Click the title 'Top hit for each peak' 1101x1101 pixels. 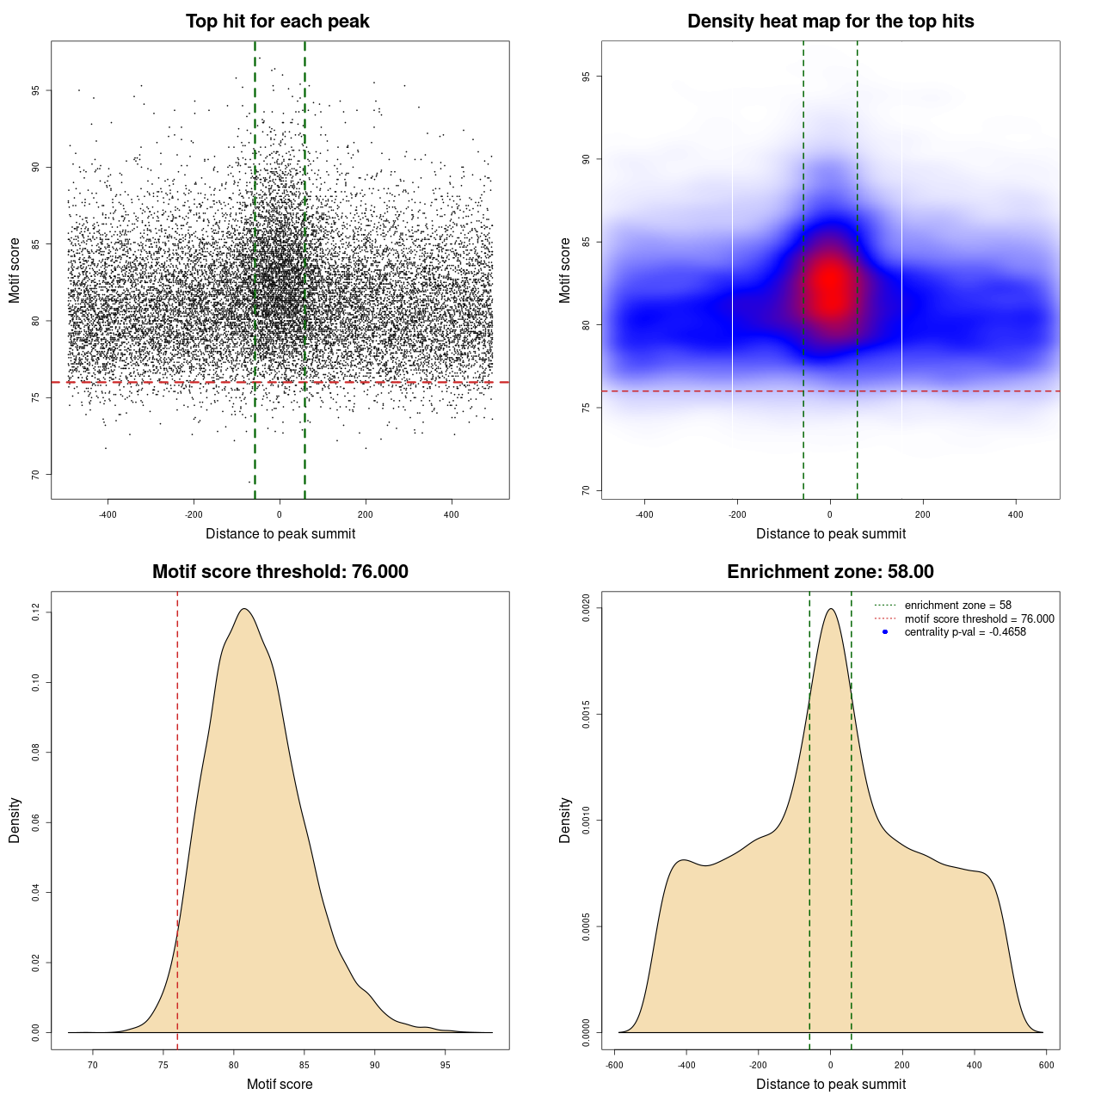277,22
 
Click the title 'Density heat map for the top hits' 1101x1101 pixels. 830,22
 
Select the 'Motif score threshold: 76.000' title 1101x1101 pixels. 280,572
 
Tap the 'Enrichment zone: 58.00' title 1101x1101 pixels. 830,572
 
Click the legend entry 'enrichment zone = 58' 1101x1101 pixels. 957,606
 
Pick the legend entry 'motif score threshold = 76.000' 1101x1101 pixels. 979,618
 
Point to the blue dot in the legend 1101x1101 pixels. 885,632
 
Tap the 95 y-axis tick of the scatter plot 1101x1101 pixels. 35,90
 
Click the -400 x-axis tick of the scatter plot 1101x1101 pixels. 108,514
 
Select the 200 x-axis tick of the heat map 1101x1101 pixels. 923,514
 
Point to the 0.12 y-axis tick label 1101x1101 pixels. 35,612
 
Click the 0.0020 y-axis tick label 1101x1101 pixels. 586,608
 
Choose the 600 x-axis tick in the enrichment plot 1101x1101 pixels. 1046,1065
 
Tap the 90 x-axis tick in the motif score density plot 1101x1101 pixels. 374,1065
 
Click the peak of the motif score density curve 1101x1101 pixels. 244,609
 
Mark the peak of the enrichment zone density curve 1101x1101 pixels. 830,609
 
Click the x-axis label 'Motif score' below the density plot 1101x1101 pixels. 280,1084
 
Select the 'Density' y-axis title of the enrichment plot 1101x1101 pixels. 565,820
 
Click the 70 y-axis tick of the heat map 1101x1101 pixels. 586,490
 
